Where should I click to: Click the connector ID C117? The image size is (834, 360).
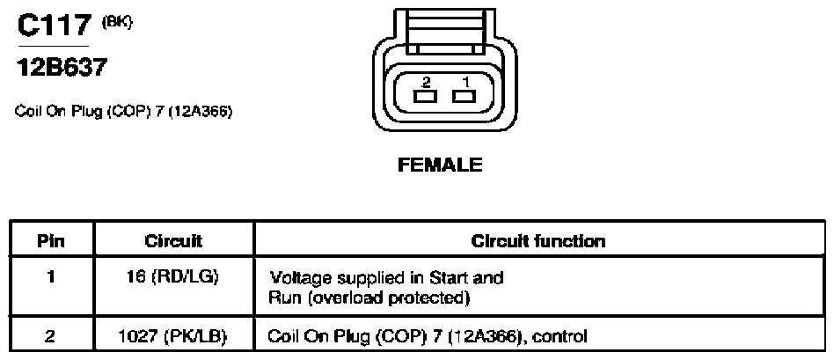(x=54, y=26)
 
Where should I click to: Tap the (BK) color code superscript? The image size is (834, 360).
(x=117, y=22)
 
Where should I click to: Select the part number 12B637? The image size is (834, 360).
(x=62, y=68)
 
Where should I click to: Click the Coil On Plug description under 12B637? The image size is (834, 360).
(x=123, y=113)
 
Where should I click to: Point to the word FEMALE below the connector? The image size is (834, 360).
(x=440, y=165)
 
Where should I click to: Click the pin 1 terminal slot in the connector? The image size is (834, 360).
(x=464, y=97)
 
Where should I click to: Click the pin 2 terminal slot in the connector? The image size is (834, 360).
(x=425, y=97)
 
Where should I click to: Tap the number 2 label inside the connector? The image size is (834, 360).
(x=426, y=82)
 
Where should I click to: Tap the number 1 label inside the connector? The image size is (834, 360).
(x=466, y=82)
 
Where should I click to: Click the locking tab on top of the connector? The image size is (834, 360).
(x=444, y=31)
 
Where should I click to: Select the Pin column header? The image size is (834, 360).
(x=51, y=241)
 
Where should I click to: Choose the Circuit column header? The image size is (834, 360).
(x=174, y=241)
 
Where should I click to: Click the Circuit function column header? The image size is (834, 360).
(x=538, y=241)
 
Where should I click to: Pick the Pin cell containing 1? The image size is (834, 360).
(x=51, y=278)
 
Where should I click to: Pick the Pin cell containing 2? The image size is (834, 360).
(x=51, y=336)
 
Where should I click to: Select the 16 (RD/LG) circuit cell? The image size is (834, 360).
(x=174, y=278)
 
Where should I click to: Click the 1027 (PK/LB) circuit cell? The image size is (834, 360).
(x=174, y=336)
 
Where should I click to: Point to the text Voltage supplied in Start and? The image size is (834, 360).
(x=386, y=278)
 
